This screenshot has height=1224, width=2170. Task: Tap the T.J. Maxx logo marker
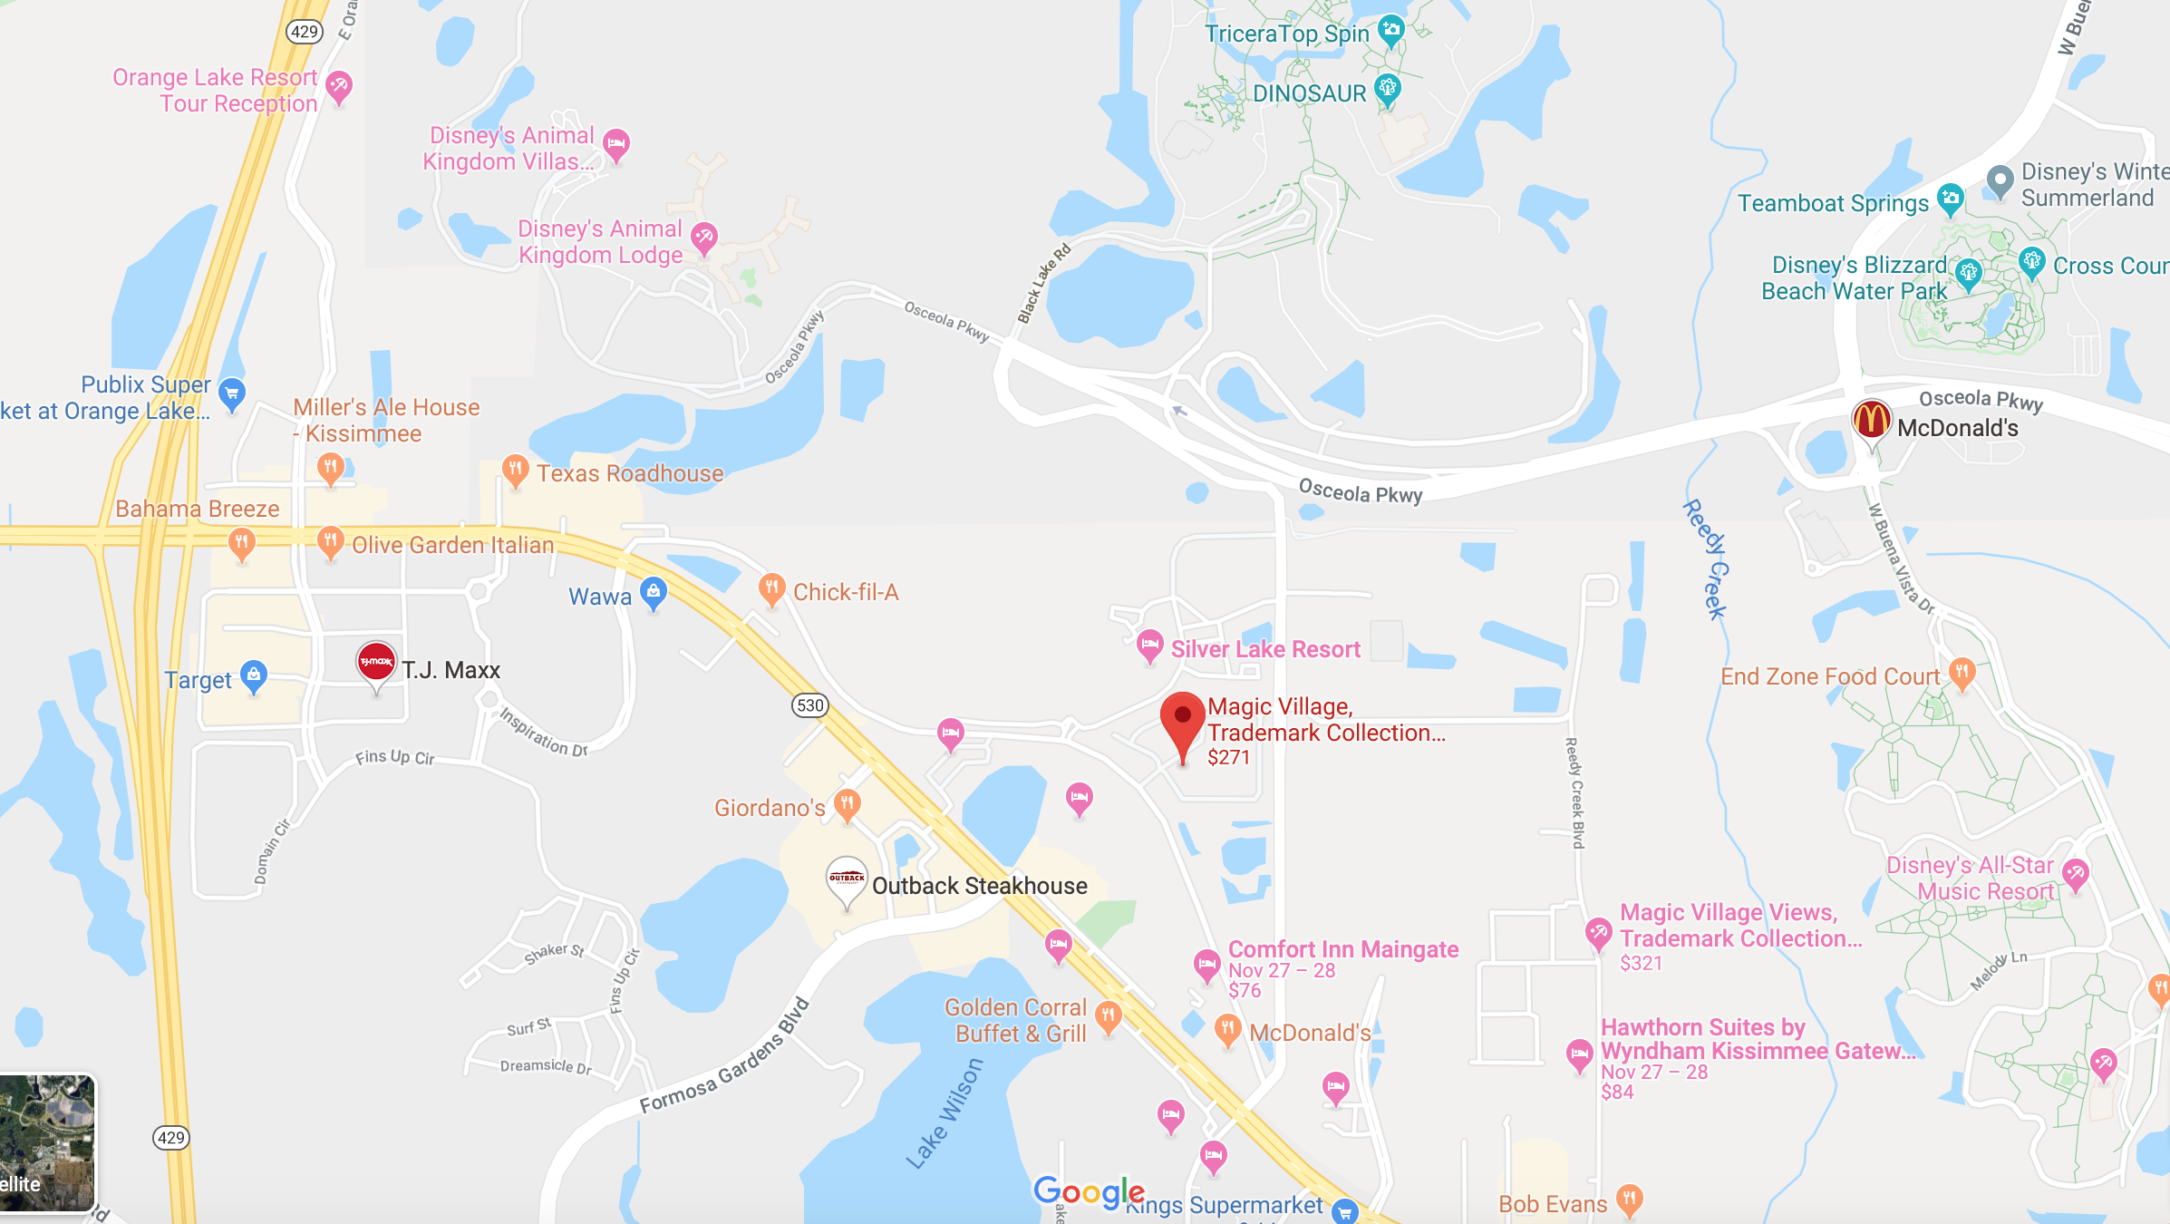tap(376, 663)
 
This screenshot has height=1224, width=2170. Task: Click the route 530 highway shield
tap(810, 705)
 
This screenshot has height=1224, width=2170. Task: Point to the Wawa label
tap(599, 597)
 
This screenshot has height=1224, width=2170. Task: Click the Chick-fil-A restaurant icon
tap(771, 588)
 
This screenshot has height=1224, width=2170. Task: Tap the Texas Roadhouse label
tap(630, 473)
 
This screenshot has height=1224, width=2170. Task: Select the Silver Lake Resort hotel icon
tap(1149, 646)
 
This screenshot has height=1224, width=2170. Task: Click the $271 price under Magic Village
tap(1228, 758)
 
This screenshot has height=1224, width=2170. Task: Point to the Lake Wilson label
tap(945, 1112)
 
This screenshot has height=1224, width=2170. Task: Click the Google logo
tap(1089, 1191)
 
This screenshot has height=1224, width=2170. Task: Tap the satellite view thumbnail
tap(47, 1142)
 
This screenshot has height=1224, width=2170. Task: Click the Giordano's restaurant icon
tap(847, 803)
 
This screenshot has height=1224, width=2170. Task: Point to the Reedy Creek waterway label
tap(1706, 559)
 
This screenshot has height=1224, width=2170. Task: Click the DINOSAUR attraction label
tap(1309, 93)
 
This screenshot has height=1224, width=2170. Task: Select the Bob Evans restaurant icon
tap(1629, 1200)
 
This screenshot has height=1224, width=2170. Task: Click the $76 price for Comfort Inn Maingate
tap(1245, 991)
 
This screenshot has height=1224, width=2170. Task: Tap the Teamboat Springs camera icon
tap(1950, 198)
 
